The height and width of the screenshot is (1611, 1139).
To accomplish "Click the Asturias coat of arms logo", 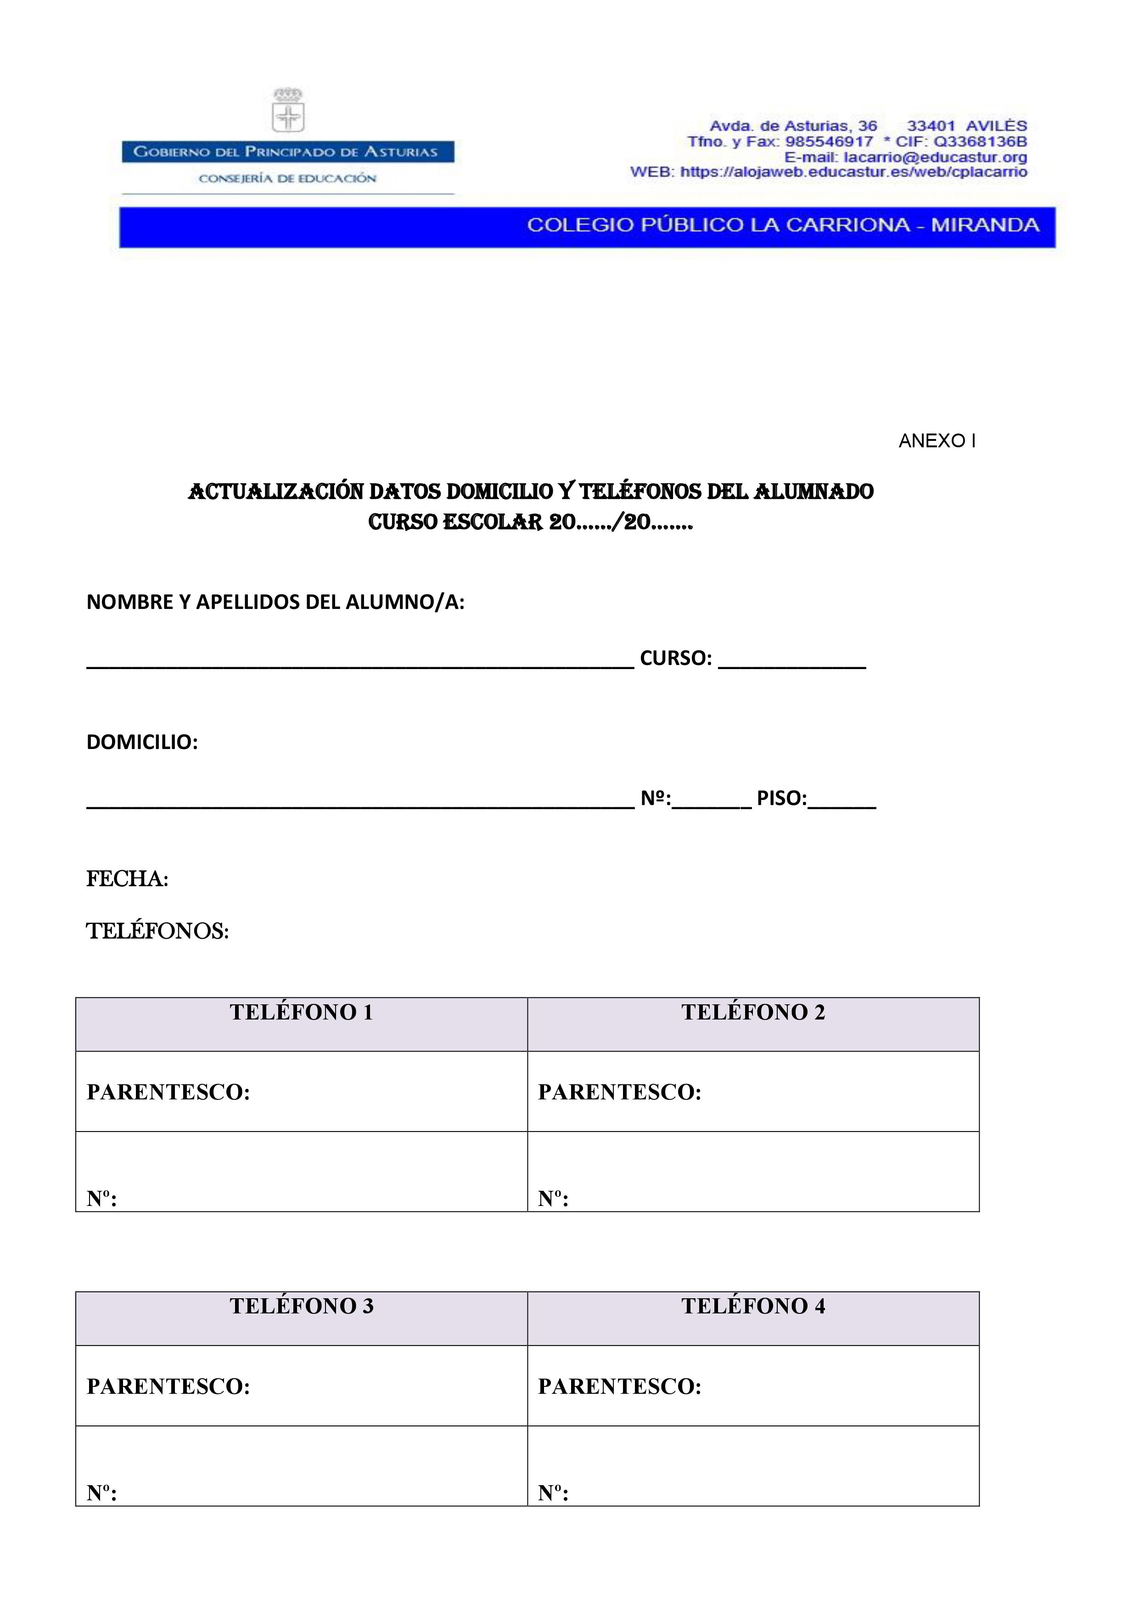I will click(x=288, y=111).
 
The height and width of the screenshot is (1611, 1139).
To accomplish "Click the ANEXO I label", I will click(x=937, y=441).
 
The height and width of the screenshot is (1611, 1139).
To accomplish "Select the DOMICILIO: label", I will click(x=142, y=742).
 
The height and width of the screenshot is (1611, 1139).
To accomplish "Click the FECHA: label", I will click(x=127, y=879).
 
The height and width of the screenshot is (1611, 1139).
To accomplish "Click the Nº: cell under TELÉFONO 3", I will click(x=302, y=1466).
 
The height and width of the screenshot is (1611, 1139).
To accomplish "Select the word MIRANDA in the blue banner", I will click(x=985, y=225).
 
